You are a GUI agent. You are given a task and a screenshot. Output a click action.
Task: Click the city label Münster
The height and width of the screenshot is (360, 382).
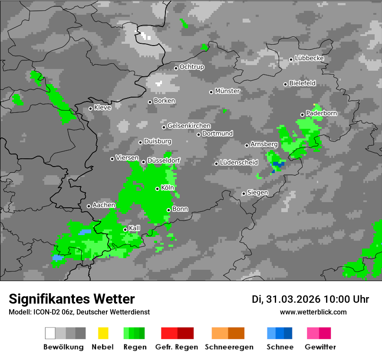click(x=227, y=91)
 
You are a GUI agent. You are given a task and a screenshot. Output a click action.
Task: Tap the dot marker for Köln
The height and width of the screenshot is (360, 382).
click(x=158, y=189)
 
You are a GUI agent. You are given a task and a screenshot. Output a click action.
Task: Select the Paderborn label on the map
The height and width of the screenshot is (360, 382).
click(x=322, y=113)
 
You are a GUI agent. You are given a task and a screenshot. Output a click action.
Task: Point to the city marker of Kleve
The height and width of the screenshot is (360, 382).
click(x=90, y=108)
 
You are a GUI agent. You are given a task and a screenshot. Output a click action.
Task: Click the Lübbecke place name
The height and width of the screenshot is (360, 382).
click(x=310, y=58)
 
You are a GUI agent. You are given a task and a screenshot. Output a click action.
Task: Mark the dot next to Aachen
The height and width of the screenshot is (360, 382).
click(x=89, y=206)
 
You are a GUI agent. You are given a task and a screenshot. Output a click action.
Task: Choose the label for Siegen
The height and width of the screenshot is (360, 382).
click(x=258, y=192)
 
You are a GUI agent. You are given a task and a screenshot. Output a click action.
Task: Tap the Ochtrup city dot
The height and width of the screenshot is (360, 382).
click(x=176, y=68)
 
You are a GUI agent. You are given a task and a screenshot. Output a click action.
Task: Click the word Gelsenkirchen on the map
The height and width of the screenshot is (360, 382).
click(x=189, y=126)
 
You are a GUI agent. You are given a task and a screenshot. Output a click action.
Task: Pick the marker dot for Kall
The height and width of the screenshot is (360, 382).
click(x=125, y=229)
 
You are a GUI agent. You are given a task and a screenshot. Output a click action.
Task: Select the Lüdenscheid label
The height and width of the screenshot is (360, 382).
click(x=239, y=162)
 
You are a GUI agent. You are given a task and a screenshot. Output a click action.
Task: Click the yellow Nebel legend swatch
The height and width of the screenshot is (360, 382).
click(x=103, y=333)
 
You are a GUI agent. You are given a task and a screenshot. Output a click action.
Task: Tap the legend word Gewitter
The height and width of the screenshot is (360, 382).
click(x=320, y=347)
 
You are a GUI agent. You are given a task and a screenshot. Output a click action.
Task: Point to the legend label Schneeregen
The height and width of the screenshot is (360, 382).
click(x=229, y=347)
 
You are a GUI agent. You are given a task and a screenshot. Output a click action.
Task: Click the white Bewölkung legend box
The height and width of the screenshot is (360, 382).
click(x=50, y=333)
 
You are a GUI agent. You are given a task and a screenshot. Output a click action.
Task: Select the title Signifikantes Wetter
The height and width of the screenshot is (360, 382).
click(x=72, y=299)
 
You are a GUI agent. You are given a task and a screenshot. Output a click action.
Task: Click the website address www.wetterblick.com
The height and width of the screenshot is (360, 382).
click(x=313, y=312)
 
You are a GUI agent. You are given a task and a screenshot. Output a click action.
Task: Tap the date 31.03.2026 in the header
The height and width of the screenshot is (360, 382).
click(x=292, y=299)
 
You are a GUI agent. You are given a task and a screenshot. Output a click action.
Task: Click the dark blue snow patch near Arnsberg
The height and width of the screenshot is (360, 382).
click(x=278, y=164)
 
